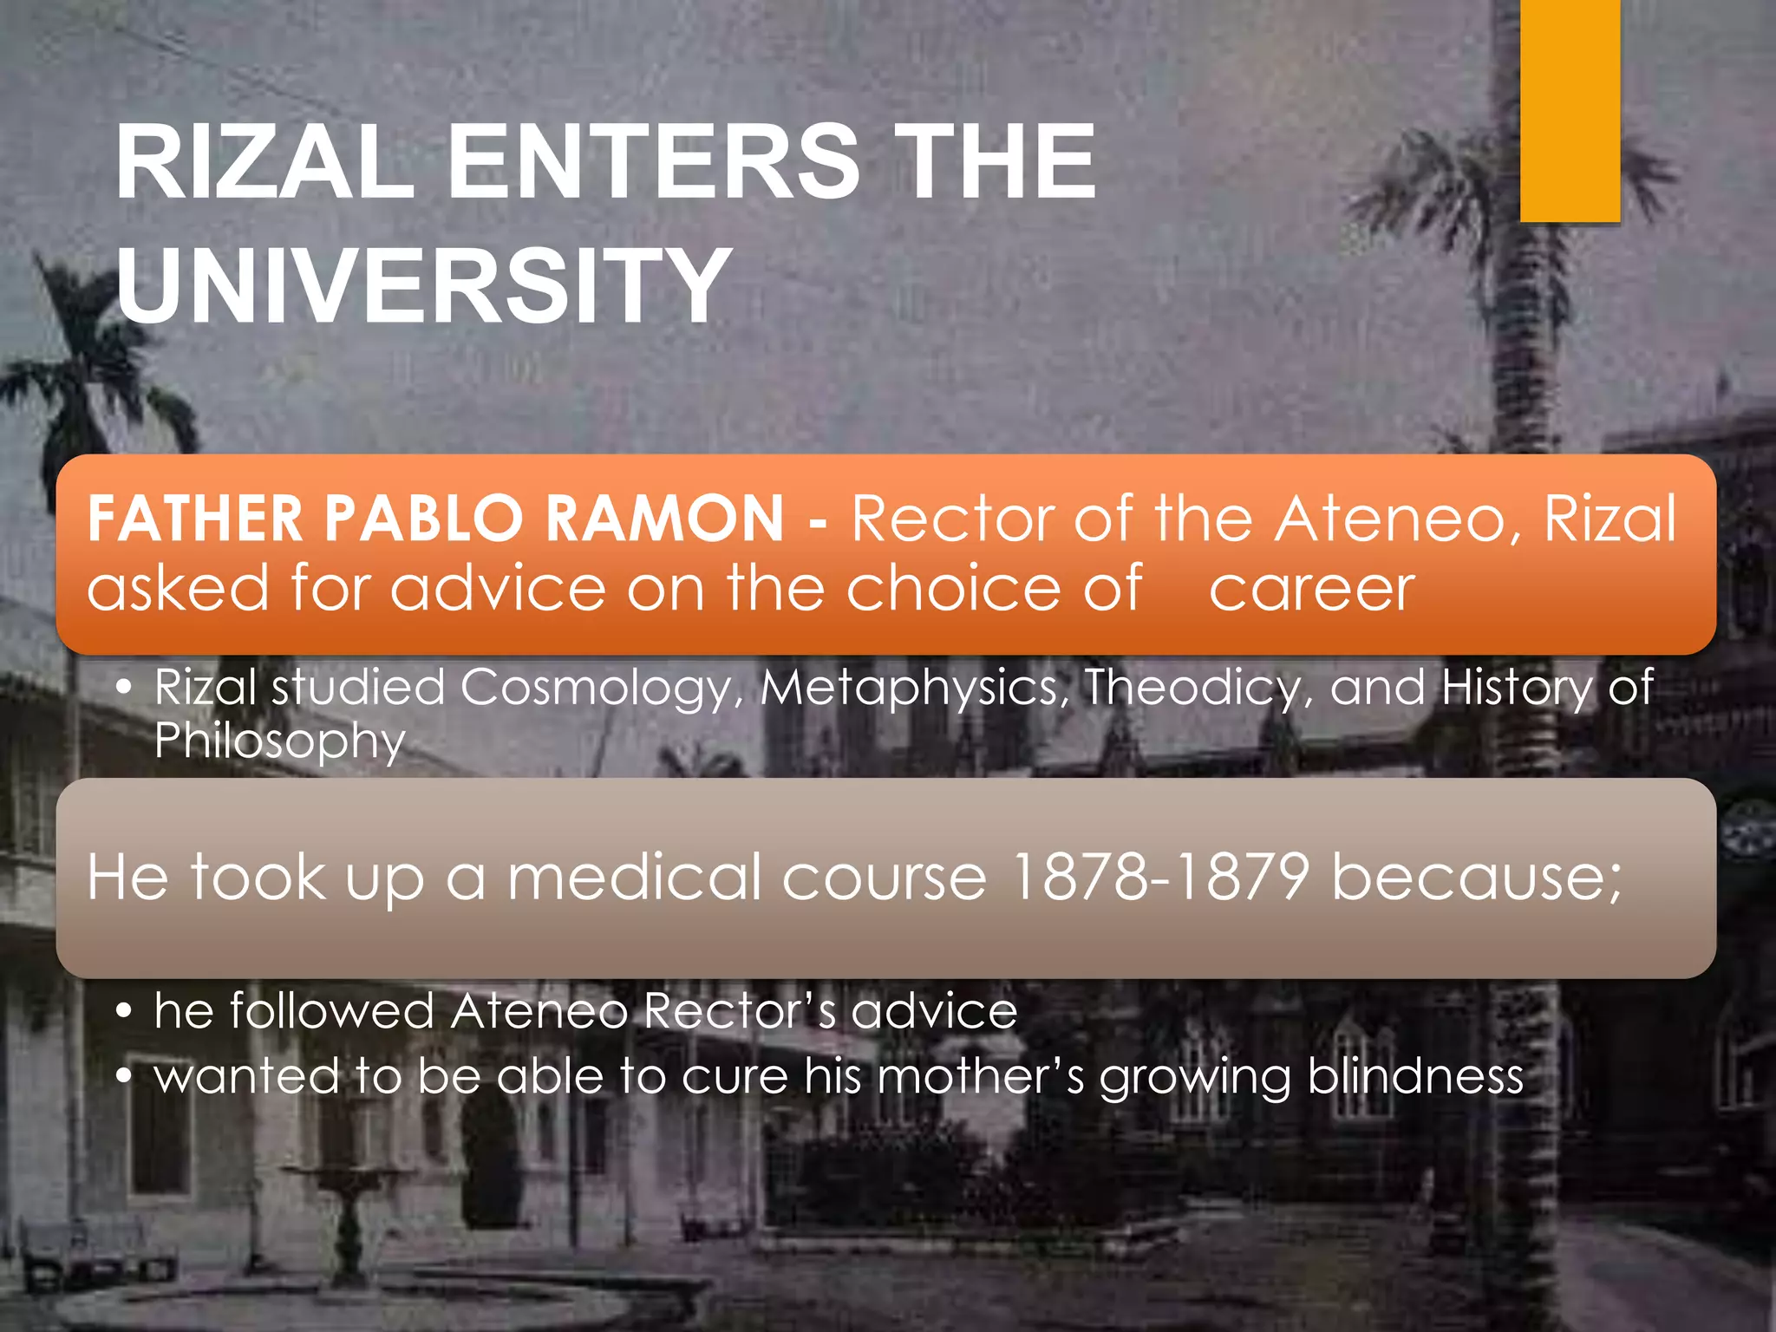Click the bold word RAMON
click(664, 519)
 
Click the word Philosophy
click(279, 742)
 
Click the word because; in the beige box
click(1475, 878)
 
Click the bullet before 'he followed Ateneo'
click(125, 1011)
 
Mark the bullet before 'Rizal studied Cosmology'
click(125, 688)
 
